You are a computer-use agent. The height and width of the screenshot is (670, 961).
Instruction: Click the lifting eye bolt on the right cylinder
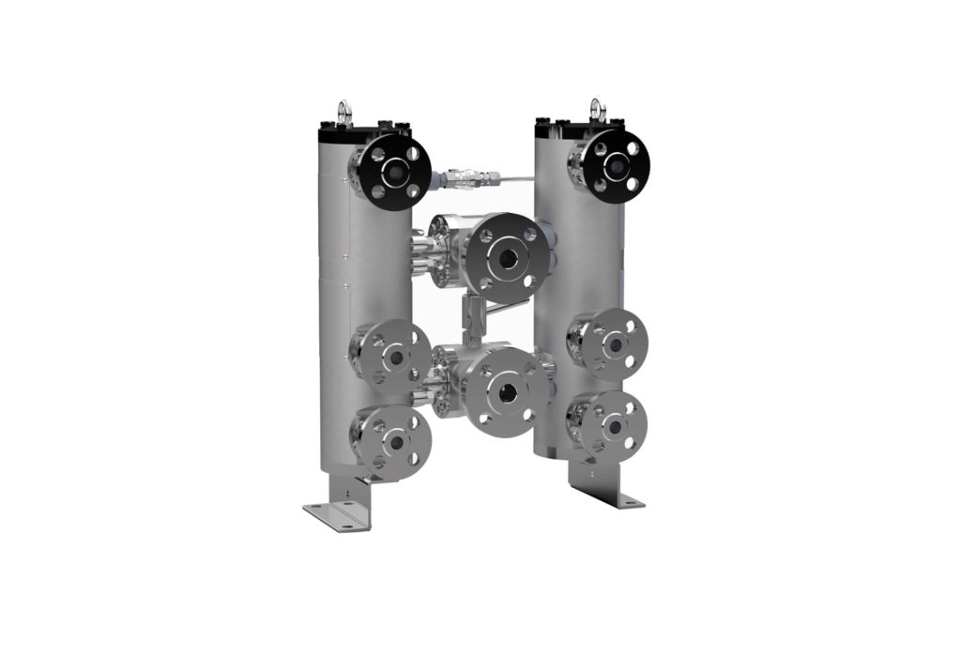click(594, 109)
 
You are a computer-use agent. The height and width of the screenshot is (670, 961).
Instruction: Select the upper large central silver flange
click(506, 256)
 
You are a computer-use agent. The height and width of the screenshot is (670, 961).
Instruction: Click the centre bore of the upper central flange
click(507, 256)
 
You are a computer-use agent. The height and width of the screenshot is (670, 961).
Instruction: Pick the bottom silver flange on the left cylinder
click(394, 441)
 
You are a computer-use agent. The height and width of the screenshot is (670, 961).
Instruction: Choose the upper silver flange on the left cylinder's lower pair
click(394, 356)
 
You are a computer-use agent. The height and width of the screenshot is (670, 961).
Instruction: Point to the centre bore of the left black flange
click(395, 171)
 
